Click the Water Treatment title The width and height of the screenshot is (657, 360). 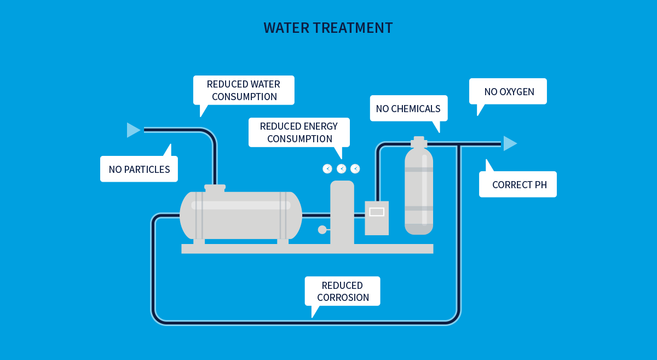click(x=328, y=28)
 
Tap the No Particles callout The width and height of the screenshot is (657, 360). click(x=139, y=169)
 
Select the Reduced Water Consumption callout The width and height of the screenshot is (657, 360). click(x=244, y=90)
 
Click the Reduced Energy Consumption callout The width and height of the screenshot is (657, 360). click(x=299, y=132)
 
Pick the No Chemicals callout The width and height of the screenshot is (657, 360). click(x=408, y=108)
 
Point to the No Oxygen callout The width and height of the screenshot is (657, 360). click(x=509, y=91)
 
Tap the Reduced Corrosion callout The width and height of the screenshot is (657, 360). click(x=342, y=291)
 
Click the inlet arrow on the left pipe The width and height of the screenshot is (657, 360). click(x=133, y=130)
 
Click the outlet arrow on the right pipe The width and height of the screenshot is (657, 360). click(x=509, y=143)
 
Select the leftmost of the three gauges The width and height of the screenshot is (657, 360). click(x=327, y=169)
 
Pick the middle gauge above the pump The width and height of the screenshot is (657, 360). click(x=342, y=169)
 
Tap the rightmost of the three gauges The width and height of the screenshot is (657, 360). click(x=355, y=169)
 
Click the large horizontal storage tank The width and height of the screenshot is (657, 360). click(x=240, y=216)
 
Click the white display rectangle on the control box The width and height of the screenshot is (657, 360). click(x=377, y=212)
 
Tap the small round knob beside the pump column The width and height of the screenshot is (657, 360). click(x=322, y=230)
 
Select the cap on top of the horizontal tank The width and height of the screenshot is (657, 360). click(x=215, y=188)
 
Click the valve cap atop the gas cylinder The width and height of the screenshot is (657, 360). click(x=419, y=142)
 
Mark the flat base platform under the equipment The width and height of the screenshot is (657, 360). click(x=307, y=249)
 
